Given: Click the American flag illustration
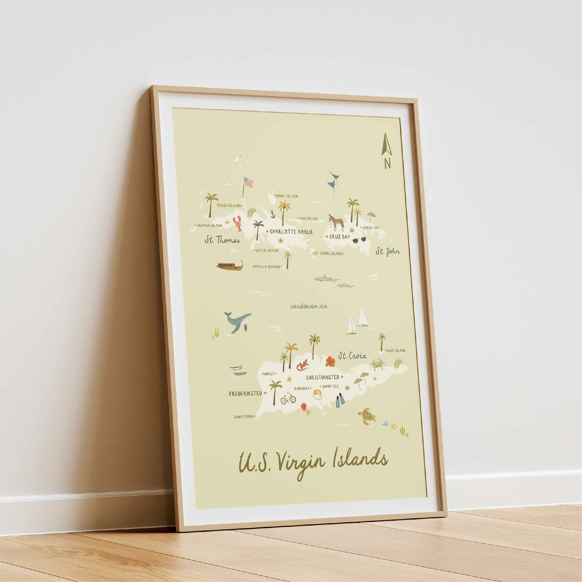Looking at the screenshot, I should pos(248,183).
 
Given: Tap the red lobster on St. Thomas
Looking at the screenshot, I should pos(238,223).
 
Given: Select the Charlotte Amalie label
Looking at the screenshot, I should pos(291,232).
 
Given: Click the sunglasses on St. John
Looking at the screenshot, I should pos(359,240).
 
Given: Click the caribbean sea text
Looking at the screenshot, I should pos(309,306).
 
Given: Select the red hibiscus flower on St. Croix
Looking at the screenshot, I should pos(330,361).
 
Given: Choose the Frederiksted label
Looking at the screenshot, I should pos(245,394).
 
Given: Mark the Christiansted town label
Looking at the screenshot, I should pos(322,377).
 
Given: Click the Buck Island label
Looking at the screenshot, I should pos(395,350).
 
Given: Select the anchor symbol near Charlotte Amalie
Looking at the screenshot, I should pos(273,214).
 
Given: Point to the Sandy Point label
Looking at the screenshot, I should pos(244,417).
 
